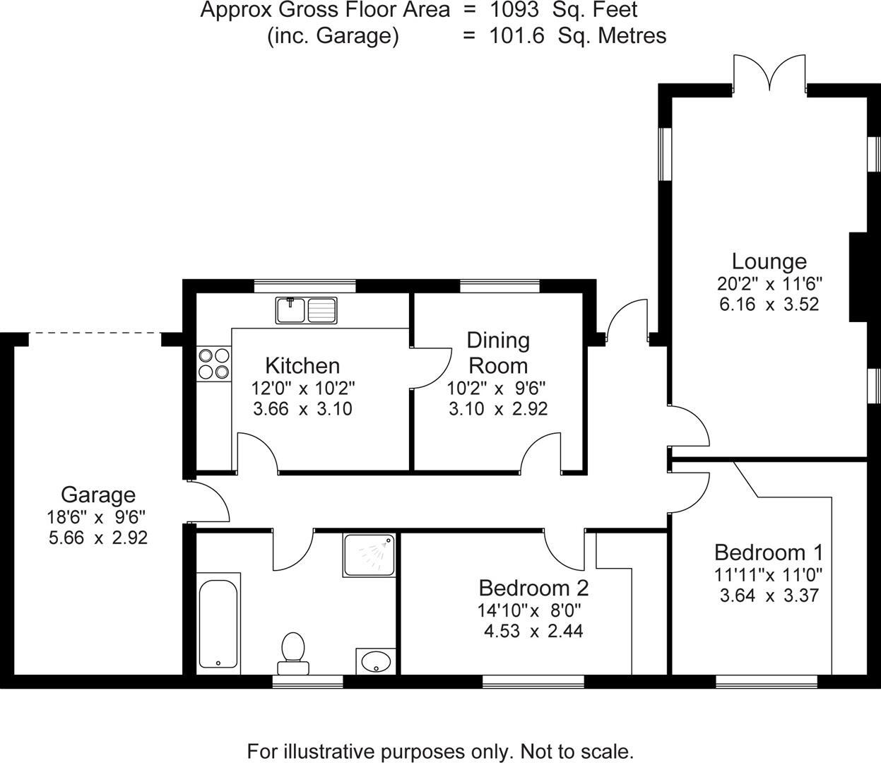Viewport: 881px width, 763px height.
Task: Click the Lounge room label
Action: [x=769, y=261]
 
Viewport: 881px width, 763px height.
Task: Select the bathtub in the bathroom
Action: [x=219, y=620]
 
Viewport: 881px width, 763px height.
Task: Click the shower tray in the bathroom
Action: [x=369, y=555]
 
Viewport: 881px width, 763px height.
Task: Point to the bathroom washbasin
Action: [x=375, y=662]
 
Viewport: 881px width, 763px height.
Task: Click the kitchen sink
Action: [x=307, y=309]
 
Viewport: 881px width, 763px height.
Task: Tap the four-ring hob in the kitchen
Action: [x=213, y=363]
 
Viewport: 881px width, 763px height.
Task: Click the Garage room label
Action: [x=98, y=495]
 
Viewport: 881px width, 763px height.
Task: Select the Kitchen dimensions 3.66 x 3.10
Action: [x=302, y=409]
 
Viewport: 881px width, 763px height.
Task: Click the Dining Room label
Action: [x=498, y=353]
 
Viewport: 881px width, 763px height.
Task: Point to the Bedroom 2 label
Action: [x=533, y=588]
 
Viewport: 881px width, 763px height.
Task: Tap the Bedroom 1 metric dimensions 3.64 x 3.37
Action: [x=769, y=595]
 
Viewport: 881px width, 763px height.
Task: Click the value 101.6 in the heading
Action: [x=517, y=36]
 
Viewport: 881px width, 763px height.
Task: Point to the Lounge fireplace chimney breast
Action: [x=858, y=277]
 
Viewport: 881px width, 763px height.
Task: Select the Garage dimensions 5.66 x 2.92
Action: [x=98, y=538]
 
